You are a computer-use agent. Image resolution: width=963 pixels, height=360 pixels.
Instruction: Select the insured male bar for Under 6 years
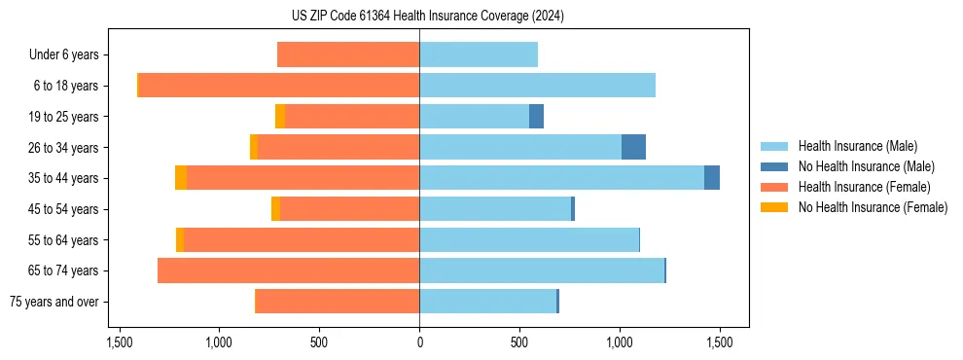[479, 54]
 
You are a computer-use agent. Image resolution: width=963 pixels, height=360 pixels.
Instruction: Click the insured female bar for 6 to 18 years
[278, 86]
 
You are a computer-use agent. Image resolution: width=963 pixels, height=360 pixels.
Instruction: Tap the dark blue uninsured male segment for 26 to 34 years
[633, 147]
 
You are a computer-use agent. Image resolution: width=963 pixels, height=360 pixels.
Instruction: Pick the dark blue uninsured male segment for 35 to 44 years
[712, 178]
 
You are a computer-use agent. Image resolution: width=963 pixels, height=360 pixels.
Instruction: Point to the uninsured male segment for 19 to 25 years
[536, 117]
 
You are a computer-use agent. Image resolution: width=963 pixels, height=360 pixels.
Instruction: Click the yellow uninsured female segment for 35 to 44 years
[181, 178]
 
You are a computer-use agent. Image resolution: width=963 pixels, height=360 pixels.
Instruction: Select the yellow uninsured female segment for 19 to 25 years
[280, 117]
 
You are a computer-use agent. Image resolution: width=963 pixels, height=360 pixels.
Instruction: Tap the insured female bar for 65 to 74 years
[288, 270]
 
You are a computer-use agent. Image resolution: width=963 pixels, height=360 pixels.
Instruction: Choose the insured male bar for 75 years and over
[487, 302]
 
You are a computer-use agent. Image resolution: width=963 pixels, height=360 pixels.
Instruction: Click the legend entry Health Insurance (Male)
[857, 146]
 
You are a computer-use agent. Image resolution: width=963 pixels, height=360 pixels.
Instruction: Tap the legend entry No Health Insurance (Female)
[873, 207]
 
